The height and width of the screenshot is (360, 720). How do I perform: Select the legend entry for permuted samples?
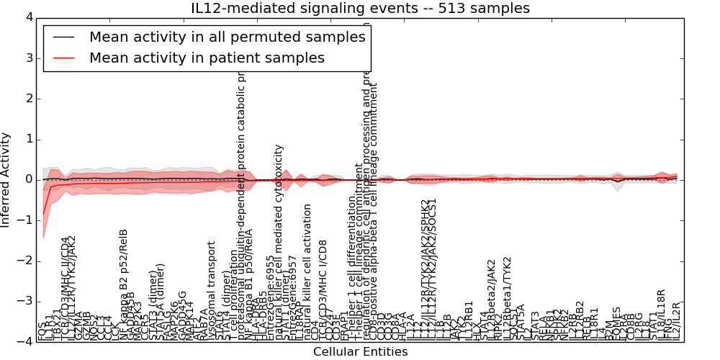[x=227, y=37]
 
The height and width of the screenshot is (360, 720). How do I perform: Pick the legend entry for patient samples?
[x=207, y=58]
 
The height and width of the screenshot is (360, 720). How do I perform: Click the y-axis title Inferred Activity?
[x=6, y=179]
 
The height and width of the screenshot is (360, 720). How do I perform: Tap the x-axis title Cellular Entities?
[x=360, y=351]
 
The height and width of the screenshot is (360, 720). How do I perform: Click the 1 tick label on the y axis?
[x=30, y=139]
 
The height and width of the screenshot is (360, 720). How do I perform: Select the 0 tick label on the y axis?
[x=30, y=179]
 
